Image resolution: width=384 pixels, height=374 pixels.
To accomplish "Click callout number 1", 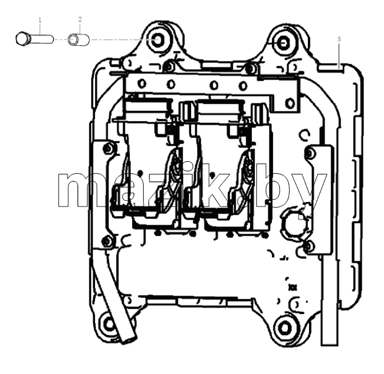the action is tap(40, 20).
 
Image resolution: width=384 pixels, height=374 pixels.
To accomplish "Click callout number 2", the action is tap(80, 19).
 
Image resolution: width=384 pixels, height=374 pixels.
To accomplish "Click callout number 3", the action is tap(339, 39).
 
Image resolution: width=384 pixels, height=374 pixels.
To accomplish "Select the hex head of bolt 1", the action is tap(22, 39).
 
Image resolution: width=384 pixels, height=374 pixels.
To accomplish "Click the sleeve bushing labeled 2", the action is tap(79, 39).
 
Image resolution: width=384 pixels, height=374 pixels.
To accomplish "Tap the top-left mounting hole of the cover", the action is tap(157, 39).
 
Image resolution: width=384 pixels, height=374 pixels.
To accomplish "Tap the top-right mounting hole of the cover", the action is tap(283, 43).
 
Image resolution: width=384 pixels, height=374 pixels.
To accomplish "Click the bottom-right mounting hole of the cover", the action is tap(286, 328).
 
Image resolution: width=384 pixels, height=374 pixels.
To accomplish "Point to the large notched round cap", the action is tap(295, 224).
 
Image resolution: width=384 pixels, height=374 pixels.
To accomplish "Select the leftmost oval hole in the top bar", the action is tap(142, 83).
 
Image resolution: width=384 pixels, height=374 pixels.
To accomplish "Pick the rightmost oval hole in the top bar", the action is tap(291, 103).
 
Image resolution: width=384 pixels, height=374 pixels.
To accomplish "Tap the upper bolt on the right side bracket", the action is tap(310, 154).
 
